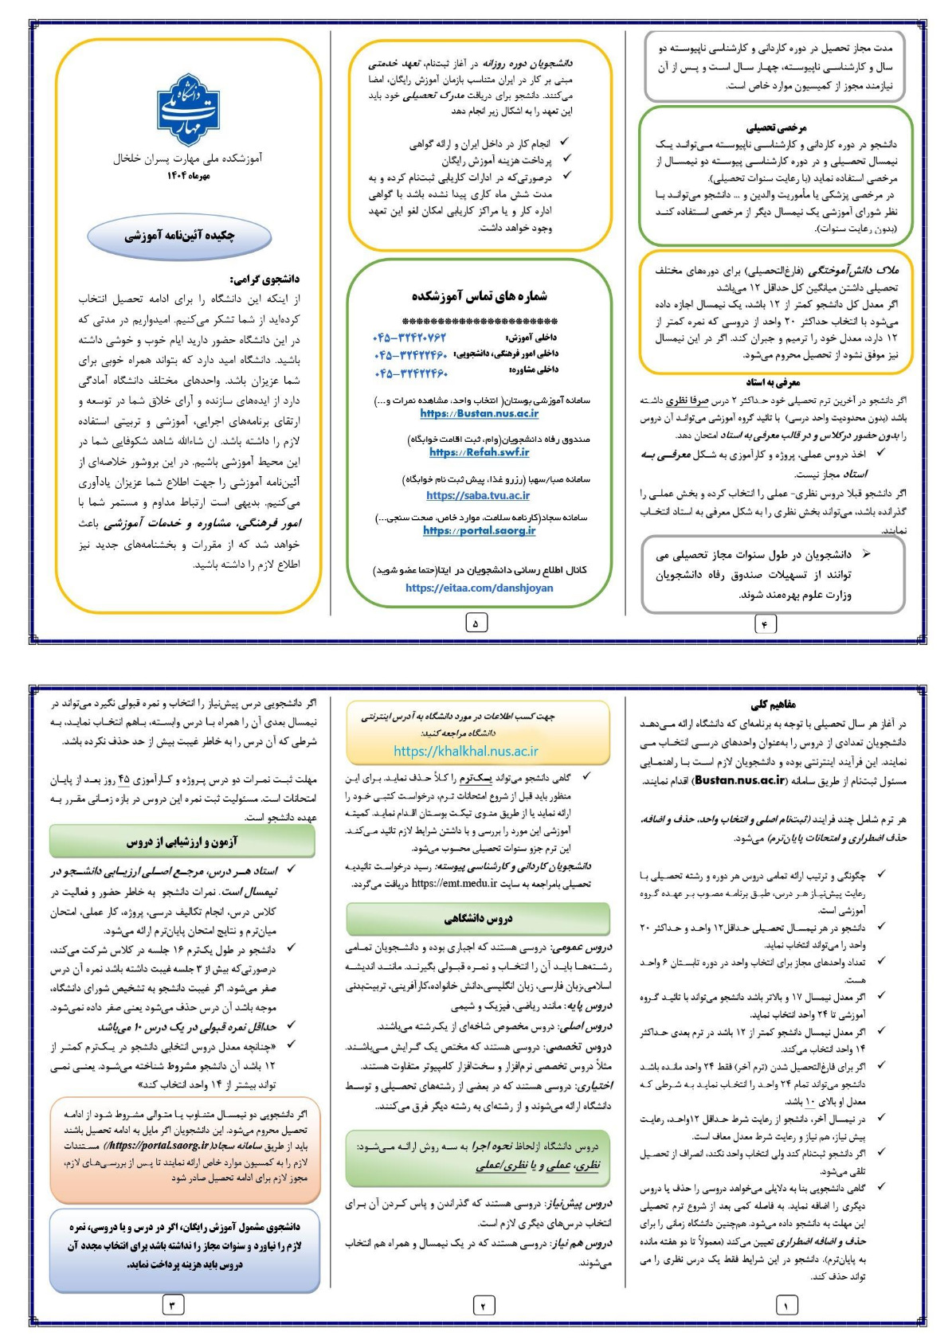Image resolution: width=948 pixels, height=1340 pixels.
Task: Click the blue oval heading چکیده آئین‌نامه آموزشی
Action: click(x=179, y=236)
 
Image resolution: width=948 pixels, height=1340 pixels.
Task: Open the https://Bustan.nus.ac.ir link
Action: click(x=479, y=413)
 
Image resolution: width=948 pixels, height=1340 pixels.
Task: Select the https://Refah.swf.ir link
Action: click(x=479, y=452)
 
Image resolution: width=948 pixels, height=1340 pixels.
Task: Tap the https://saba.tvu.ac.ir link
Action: click(x=478, y=495)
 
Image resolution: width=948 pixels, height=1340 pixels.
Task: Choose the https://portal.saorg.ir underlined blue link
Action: click(x=479, y=530)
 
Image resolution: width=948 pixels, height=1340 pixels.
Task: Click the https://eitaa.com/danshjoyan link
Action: click(x=479, y=588)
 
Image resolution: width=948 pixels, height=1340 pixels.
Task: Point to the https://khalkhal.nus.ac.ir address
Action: click(x=465, y=751)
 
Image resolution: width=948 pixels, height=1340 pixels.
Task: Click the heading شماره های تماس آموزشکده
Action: click(x=479, y=296)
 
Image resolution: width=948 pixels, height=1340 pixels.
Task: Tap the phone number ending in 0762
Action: click(x=409, y=338)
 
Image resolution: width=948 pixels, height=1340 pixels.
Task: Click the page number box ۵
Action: click(x=476, y=623)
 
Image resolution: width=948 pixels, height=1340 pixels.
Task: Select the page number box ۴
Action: click(x=765, y=624)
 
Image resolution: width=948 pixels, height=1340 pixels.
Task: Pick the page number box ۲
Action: click(x=483, y=1305)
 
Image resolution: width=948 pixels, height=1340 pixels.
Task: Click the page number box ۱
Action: click(x=786, y=1305)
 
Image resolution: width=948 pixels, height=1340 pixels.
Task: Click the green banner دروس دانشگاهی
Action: click(x=478, y=919)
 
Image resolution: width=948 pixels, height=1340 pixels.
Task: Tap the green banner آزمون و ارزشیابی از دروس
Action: click(x=182, y=842)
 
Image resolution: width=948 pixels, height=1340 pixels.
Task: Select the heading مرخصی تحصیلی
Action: click(x=776, y=127)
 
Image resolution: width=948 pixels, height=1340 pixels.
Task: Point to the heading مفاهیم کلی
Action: click(x=773, y=705)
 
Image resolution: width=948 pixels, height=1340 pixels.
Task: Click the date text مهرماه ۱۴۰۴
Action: click(x=189, y=175)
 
